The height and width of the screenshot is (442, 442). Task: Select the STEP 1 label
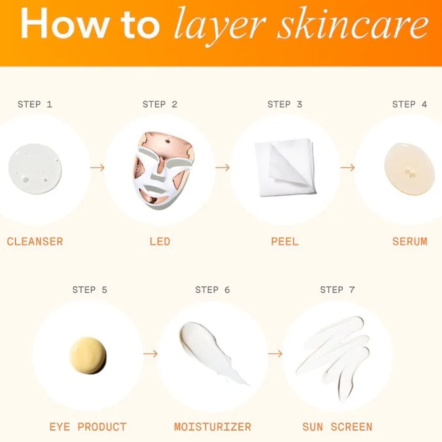(35, 104)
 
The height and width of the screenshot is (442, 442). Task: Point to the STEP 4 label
(410, 104)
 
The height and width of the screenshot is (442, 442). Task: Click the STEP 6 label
(213, 290)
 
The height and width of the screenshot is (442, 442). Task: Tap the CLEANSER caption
(35, 242)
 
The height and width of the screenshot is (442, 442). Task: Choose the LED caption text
(160, 242)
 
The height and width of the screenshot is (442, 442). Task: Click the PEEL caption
(285, 242)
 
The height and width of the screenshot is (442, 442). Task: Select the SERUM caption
(410, 242)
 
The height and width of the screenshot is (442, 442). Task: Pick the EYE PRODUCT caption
(88, 427)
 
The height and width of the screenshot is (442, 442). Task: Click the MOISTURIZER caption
(213, 427)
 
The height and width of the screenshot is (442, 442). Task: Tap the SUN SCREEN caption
(337, 427)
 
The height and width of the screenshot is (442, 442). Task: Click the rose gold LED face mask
(163, 169)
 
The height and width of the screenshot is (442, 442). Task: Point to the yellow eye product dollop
(88, 355)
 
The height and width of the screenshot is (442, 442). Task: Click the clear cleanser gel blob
(35, 168)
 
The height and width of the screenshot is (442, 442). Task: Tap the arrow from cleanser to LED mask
(98, 168)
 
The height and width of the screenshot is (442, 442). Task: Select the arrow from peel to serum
(347, 168)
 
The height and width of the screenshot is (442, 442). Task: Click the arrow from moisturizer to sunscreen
(275, 354)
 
